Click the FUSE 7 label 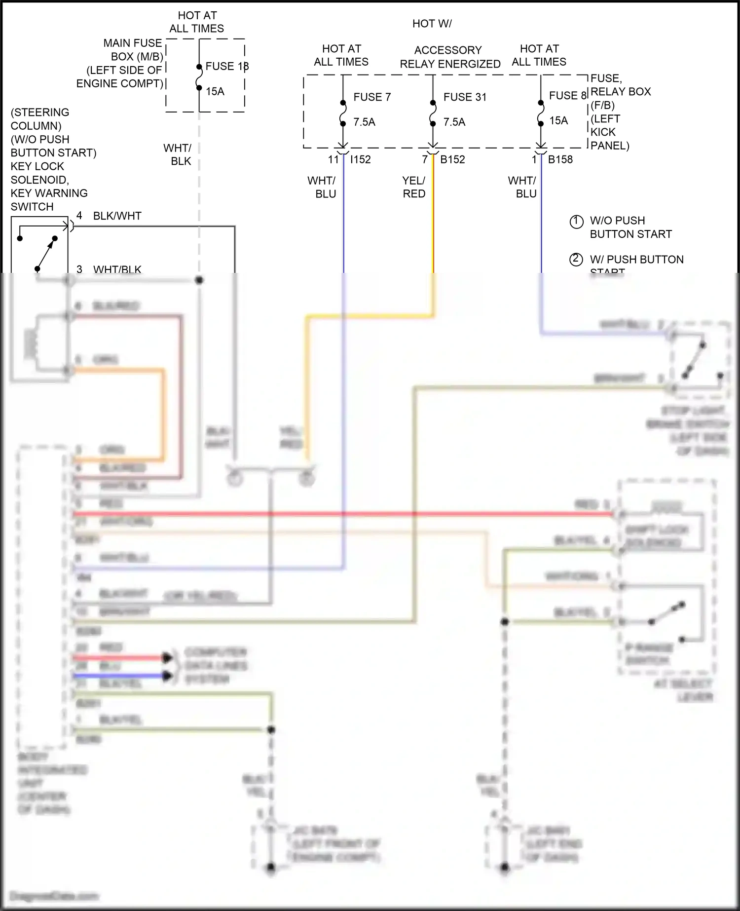[372, 97]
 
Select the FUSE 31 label [465, 97]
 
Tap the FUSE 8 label [567, 96]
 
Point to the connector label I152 [360, 159]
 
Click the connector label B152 [452, 159]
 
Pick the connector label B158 [560, 159]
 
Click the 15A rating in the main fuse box [215, 91]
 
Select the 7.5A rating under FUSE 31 [454, 122]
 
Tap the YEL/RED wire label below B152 [413, 188]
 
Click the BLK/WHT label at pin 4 [117, 216]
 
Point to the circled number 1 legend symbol [576, 221]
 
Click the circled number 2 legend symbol [576, 260]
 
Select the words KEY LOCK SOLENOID [39, 173]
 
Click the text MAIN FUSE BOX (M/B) [132, 50]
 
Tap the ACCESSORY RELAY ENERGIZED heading [450, 57]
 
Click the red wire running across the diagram [345, 514]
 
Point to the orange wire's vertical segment [163, 415]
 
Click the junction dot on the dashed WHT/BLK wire [199, 280]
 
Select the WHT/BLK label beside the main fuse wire [178, 154]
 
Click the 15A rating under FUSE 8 [558, 121]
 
